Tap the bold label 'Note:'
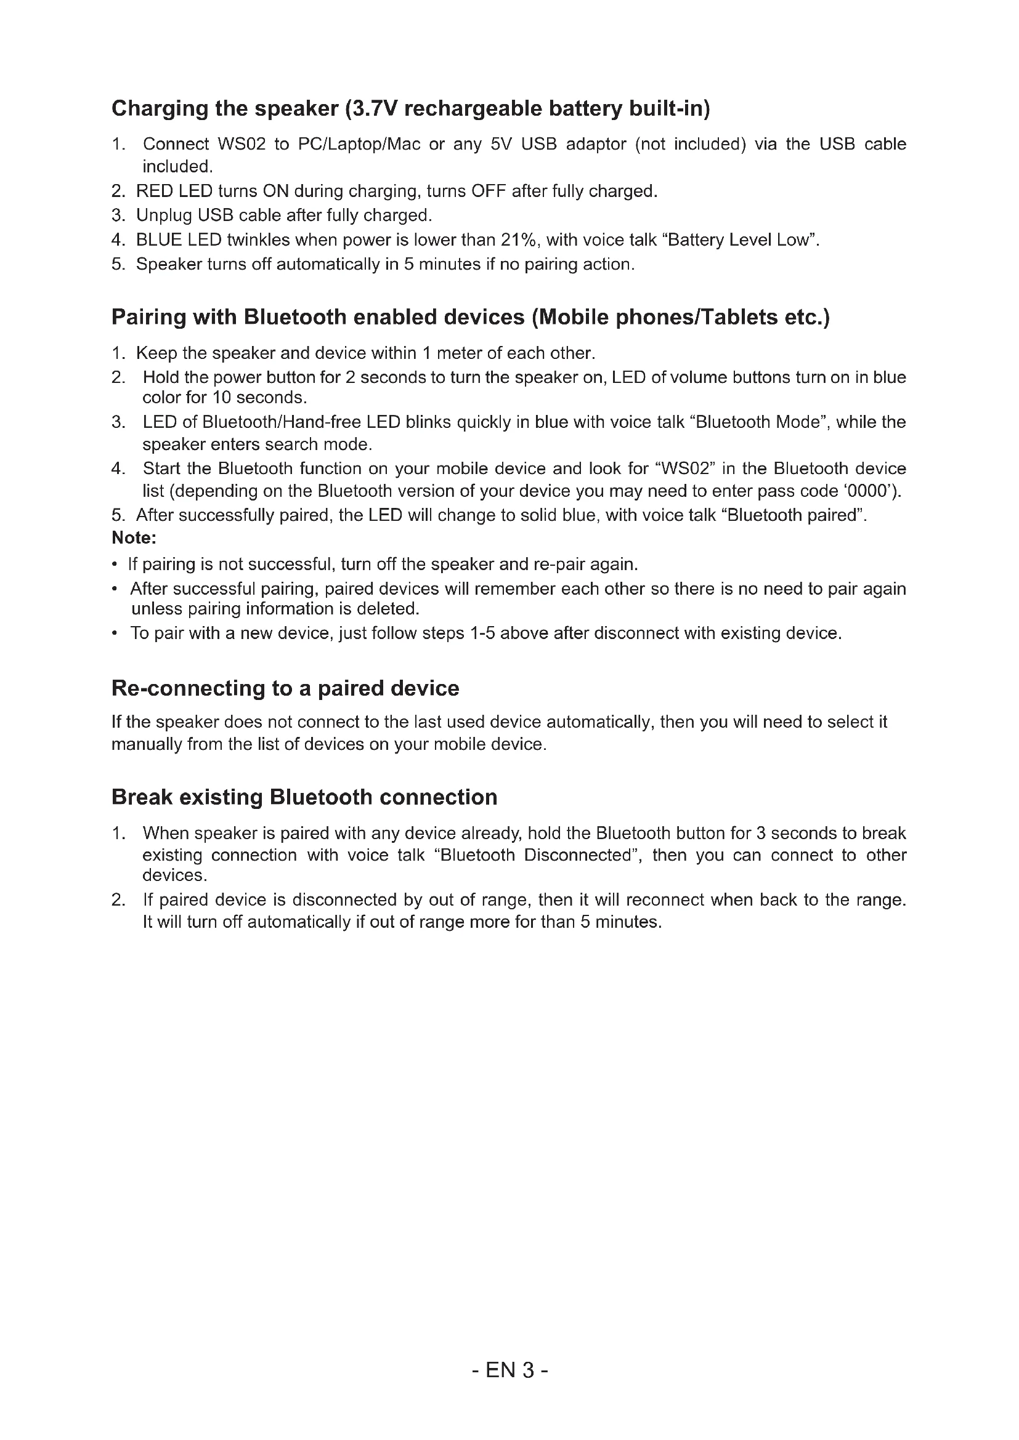(x=134, y=538)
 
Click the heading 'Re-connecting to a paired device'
(x=285, y=689)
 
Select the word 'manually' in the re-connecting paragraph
(x=147, y=744)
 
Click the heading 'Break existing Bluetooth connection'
(x=304, y=797)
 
